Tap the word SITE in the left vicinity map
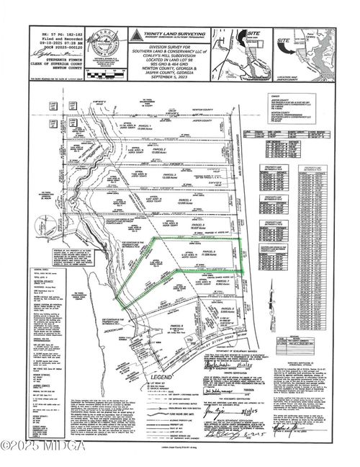click(253, 33)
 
